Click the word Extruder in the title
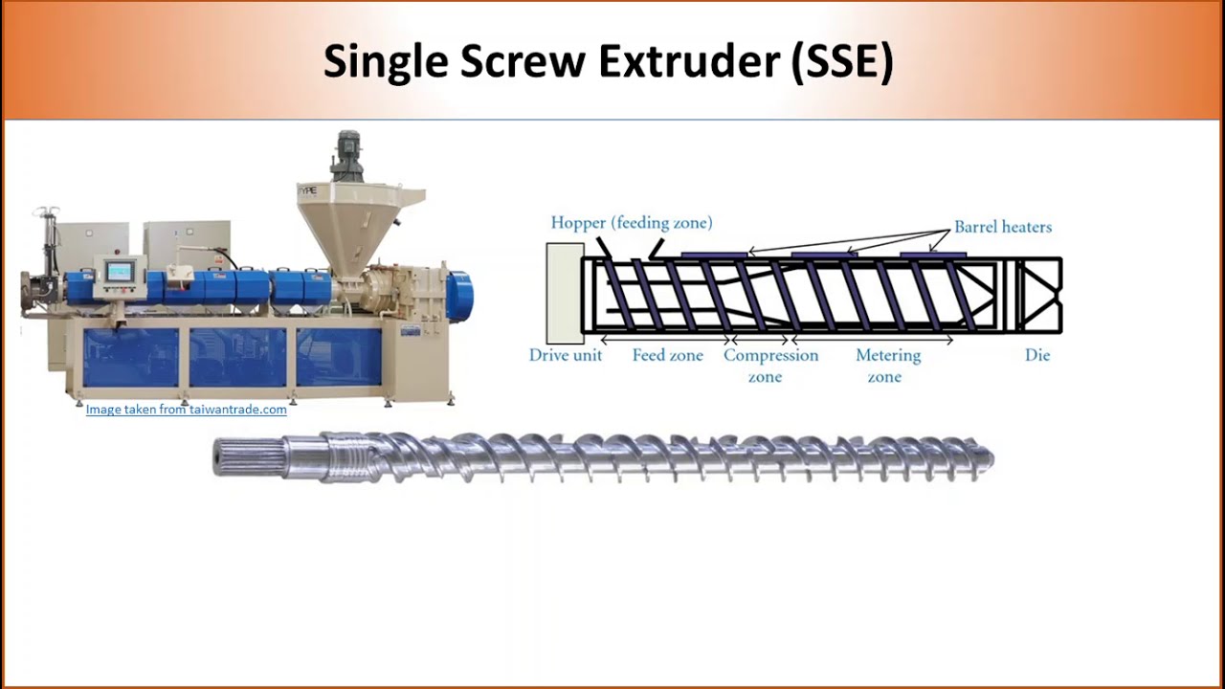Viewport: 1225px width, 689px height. click(x=689, y=61)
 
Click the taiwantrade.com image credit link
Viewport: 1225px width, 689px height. click(x=186, y=410)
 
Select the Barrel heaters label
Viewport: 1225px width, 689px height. click(x=1003, y=227)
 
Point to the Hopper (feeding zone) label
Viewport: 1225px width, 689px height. click(x=632, y=223)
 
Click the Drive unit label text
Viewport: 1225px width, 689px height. click(x=565, y=355)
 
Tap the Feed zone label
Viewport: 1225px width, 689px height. click(x=668, y=355)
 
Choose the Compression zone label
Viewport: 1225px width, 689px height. click(x=770, y=366)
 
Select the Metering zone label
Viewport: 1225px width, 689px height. click(x=888, y=366)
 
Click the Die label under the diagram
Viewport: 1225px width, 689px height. click(x=1037, y=355)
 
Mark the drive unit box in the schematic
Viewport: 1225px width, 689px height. click(x=565, y=294)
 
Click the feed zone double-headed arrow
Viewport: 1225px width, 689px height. click(x=666, y=340)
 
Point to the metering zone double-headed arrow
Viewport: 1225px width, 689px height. click(x=873, y=340)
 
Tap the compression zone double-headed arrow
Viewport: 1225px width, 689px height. click(x=761, y=340)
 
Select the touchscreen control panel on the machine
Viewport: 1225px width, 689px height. click(x=121, y=272)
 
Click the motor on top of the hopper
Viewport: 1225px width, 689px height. click(x=346, y=156)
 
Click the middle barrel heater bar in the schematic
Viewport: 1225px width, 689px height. click(x=824, y=255)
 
